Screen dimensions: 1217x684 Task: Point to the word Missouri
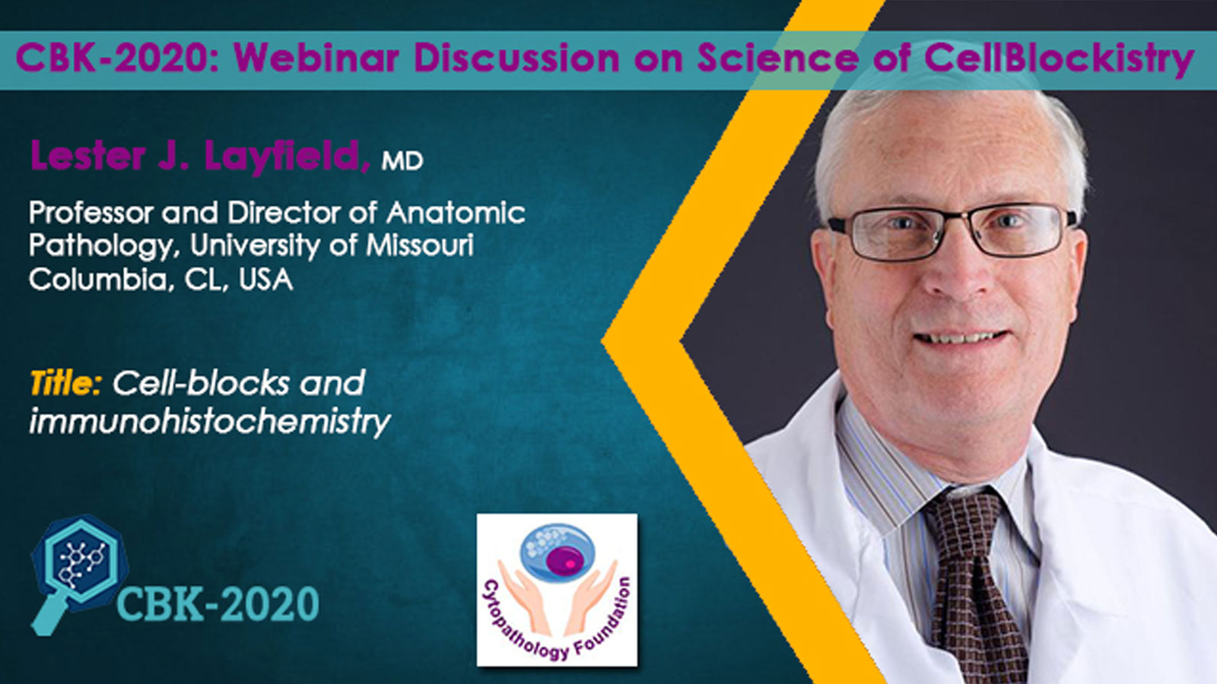pos(419,245)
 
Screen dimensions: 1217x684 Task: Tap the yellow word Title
pos(65,385)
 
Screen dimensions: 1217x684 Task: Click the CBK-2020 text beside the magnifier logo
pos(218,603)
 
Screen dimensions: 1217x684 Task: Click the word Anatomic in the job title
pos(456,212)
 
